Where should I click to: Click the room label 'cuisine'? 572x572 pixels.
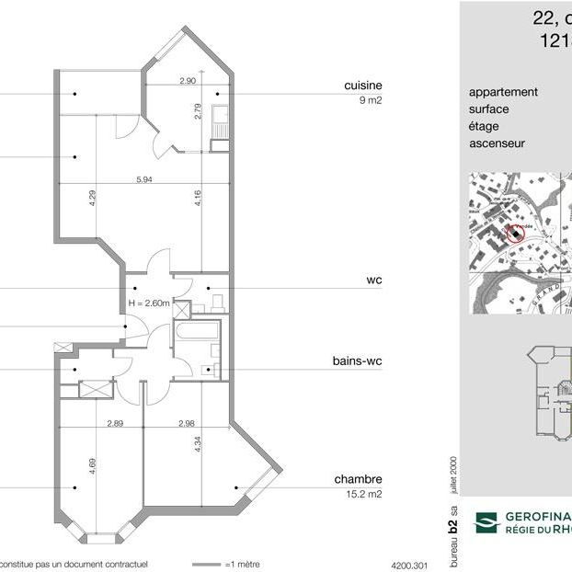(362, 86)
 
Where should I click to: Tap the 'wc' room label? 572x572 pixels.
(373, 280)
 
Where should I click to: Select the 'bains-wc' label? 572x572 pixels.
(357, 361)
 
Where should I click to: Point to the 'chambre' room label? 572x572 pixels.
(358, 479)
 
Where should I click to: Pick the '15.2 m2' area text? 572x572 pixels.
(364, 494)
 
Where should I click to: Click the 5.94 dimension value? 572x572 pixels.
(143, 178)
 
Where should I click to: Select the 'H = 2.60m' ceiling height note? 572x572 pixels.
(149, 303)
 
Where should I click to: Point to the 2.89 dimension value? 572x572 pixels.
(115, 423)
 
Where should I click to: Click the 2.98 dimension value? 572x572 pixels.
(187, 423)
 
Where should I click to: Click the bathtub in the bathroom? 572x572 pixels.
(196, 333)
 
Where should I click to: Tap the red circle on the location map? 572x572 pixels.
(515, 234)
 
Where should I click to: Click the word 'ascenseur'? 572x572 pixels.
(498, 143)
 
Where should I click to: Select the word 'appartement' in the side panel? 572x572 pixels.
(503, 92)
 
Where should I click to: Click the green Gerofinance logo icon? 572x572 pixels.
(485, 523)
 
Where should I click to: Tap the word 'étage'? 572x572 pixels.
(485, 126)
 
